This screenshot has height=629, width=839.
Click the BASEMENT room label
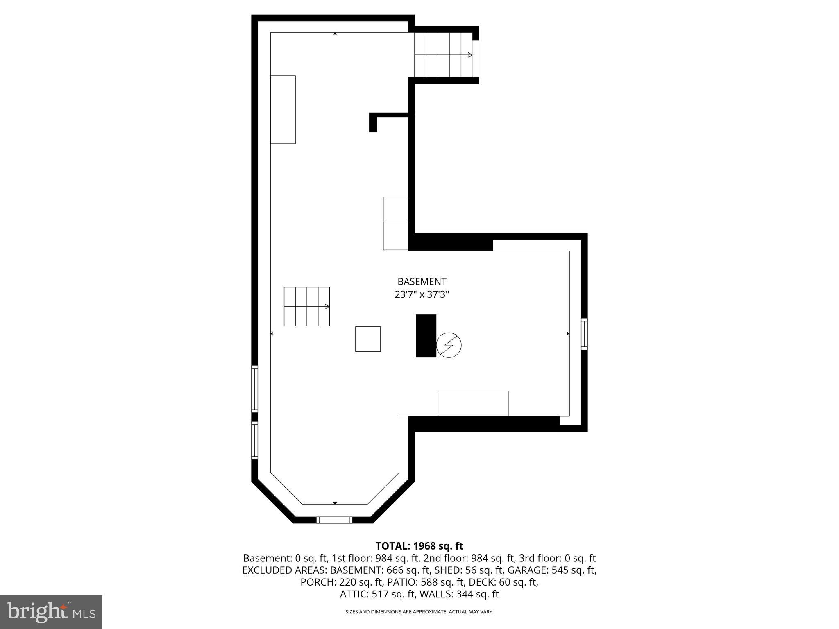[422, 282]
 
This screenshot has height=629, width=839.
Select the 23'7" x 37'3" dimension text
[422, 294]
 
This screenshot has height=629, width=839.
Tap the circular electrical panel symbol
[449, 345]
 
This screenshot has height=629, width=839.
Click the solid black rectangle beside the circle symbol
[426, 336]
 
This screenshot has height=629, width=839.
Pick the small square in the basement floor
[368, 339]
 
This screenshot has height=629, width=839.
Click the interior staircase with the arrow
[307, 307]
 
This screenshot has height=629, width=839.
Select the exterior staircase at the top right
[444, 55]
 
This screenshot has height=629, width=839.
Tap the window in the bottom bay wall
[335, 520]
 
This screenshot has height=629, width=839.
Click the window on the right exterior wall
[585, 334]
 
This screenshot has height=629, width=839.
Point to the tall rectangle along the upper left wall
[283, 110]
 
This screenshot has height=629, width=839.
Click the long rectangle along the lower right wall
[473, 403]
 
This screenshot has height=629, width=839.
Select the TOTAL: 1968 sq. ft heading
[419, 546]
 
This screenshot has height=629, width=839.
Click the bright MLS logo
[51, 612]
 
